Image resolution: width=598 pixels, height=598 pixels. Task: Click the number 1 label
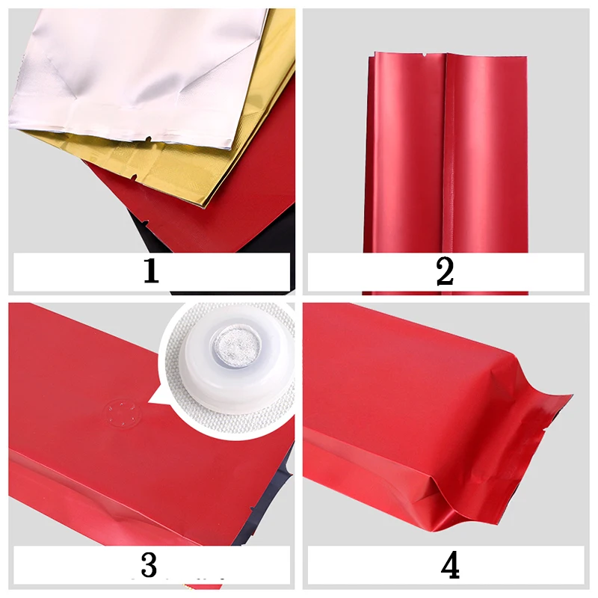click(151, 271)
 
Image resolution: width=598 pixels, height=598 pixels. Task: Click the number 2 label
click(445, 271)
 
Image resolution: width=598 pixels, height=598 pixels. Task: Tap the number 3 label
click(149, 564)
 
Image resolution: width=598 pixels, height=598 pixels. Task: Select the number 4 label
click(450, 565)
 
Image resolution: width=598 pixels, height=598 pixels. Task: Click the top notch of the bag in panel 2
click(424, 56)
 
